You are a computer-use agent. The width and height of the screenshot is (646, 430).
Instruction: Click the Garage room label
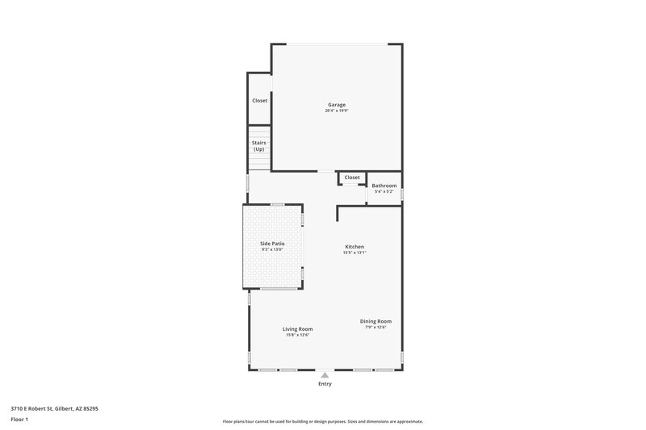click(x=337, y=105)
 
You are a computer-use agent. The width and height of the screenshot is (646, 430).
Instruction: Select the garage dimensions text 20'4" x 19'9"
click(x=337, y=111)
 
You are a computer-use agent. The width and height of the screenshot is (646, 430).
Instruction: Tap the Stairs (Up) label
click(x=259, y=146)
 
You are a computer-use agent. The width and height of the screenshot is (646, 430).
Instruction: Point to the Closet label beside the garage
click(x=259, y=101)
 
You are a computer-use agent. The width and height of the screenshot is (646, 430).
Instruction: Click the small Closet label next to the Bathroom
click(x=352, y=177)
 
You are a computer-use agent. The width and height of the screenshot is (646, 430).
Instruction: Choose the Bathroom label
click(x=384, y=186)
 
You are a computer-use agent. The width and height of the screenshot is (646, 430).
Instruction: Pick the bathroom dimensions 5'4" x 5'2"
click(x=384, y=191)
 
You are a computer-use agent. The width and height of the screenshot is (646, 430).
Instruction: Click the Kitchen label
click(x=354, y=247)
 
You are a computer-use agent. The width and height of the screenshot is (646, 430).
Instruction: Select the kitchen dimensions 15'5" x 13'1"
click(x=354, y=253)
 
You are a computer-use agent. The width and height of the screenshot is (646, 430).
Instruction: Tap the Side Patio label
click(x=272, y=244)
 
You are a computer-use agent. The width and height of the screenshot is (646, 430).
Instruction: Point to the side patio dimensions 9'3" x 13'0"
click(x=272, y=249)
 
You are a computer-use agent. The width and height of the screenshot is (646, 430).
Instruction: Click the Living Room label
click(x=297, y=329)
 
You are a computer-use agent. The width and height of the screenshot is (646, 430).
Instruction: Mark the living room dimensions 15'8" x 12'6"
click(x=297, y=335)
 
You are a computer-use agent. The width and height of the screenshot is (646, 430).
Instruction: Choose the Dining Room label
click(x=375, y=321)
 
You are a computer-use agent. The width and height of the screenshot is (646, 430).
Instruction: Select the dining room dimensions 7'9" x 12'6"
click(x=375, y=327)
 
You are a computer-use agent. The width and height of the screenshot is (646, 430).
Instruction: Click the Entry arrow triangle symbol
click(x=325, y=375)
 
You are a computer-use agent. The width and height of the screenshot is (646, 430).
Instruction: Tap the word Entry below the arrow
click(x=325, y=384)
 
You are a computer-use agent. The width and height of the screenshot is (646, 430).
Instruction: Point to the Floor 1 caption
click(x=19, y=420)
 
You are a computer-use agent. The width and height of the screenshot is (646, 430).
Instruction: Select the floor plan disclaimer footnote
click(x=322, y=421)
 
